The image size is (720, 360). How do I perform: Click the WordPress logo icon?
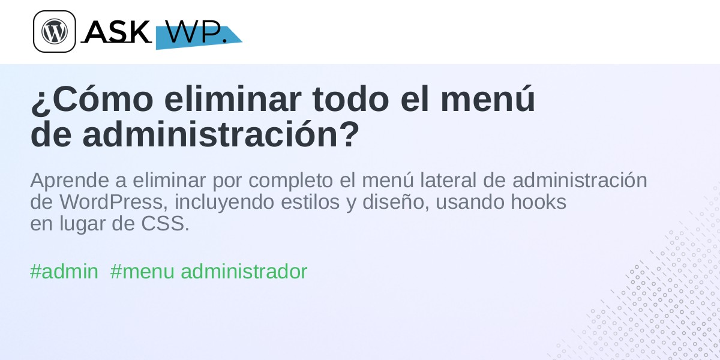click(x=55, y=31)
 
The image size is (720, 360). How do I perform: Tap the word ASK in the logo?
click(x=116, y=31)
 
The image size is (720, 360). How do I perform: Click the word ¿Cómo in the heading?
click(x=92, y=98)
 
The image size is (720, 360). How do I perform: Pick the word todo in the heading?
click(x=350, y=98)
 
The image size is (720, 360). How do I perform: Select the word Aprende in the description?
click(x=70, y=181)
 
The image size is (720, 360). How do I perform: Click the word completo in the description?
click(x=290, y=181)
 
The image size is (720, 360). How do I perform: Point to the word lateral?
click(x=448, y=180)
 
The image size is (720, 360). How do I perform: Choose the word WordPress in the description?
click(x=113, y=202)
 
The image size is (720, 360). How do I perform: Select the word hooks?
click(x=538, y=202)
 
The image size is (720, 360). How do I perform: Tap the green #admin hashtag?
click(x=64, y=271)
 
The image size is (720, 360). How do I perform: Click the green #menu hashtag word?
click(x=142, y=271)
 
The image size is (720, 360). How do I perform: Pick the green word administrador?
click(x=244, y=271)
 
